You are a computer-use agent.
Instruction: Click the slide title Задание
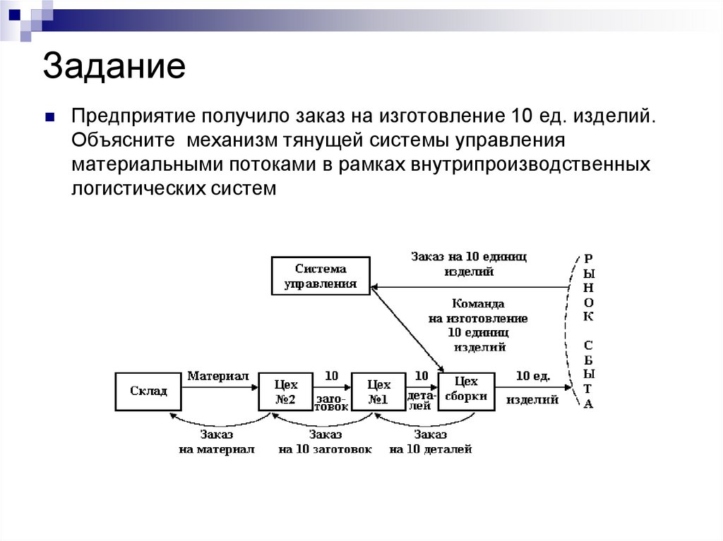114,67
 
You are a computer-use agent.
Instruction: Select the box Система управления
321,276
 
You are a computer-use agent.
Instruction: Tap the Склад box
149,391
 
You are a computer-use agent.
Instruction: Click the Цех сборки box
466,390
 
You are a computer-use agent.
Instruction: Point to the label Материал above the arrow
217,376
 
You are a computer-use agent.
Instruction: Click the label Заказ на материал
216,442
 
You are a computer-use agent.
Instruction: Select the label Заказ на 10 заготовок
324,442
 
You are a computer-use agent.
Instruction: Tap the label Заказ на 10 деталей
430,442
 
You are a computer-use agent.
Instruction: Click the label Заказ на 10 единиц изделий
469,264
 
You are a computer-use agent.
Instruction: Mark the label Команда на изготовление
479,311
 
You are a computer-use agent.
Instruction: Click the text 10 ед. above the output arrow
532,376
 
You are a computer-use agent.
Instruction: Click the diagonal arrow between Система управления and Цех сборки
407,329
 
